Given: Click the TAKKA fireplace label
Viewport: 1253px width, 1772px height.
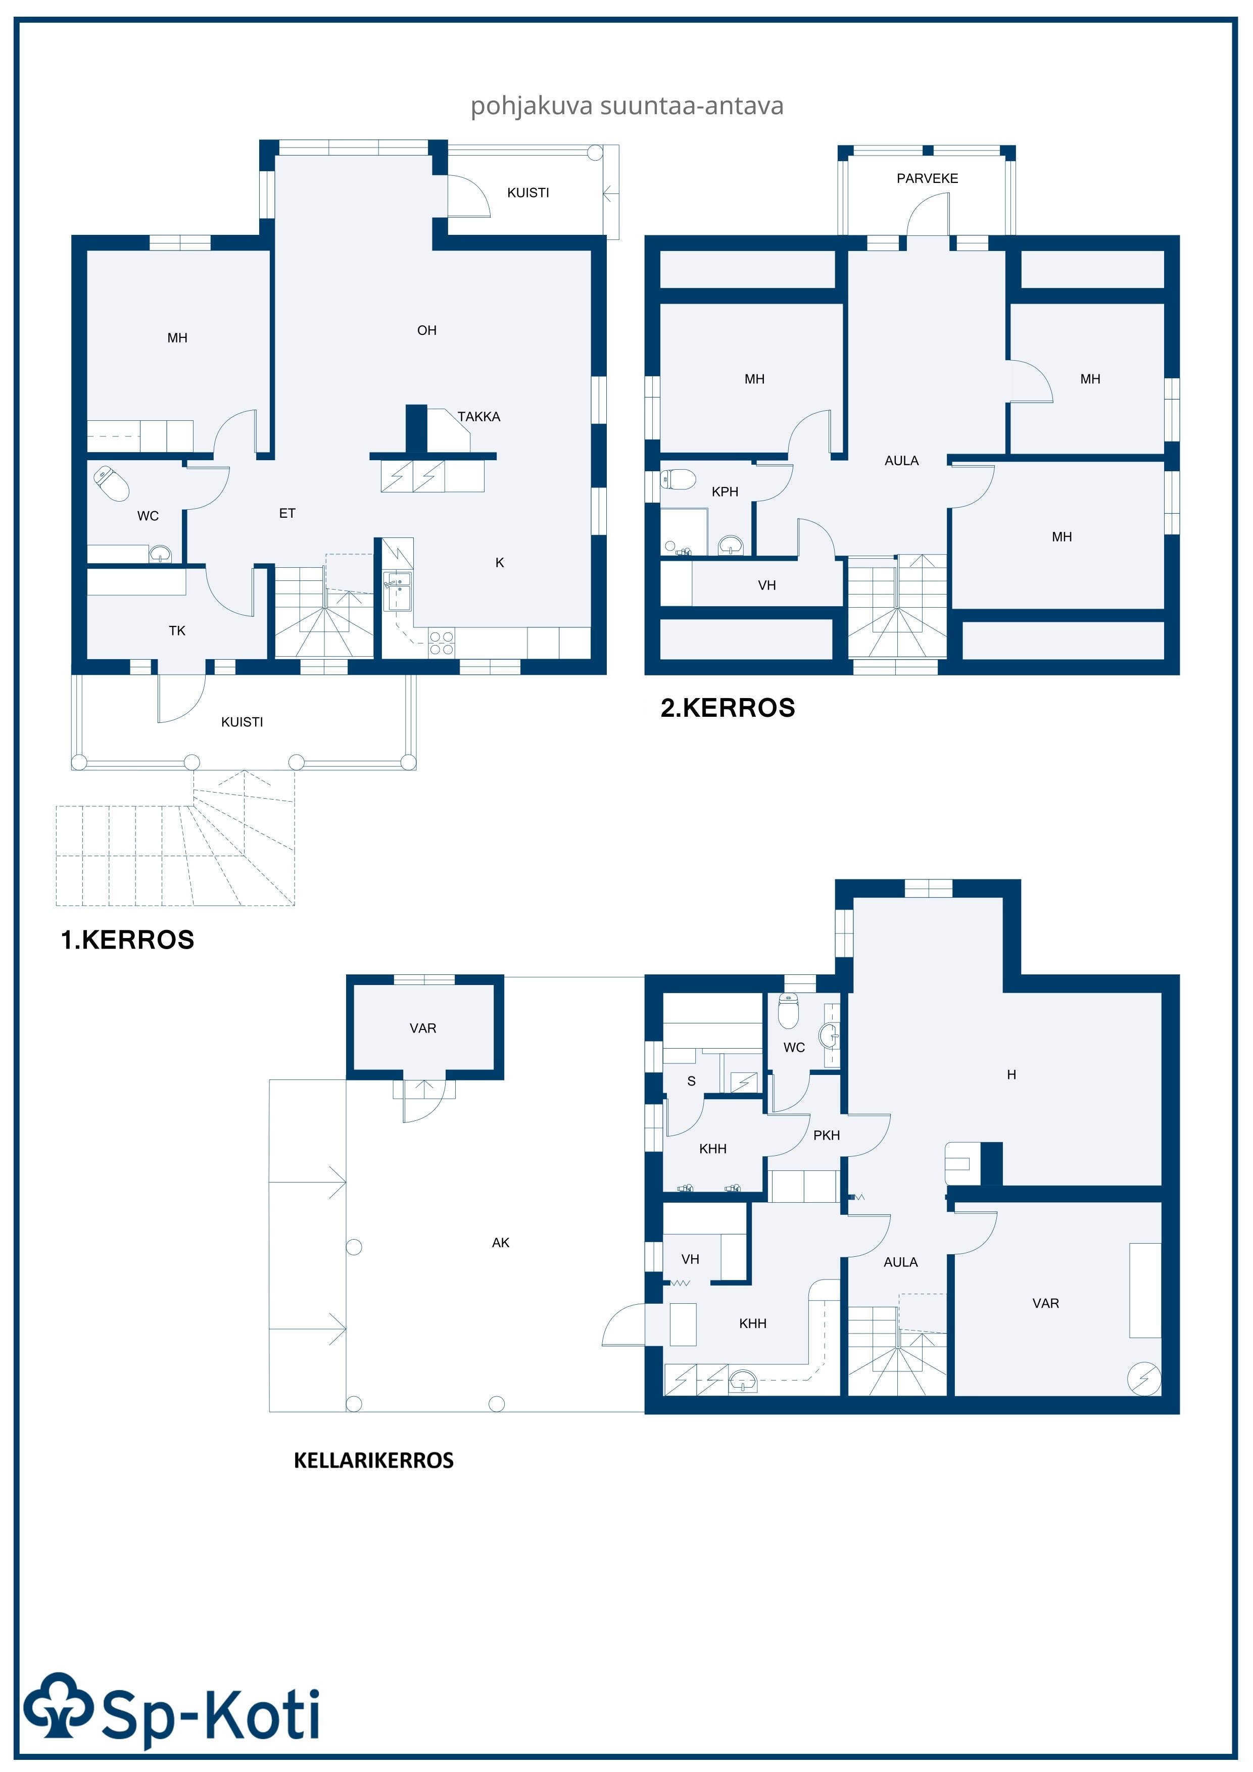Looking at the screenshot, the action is (x=478, y=417).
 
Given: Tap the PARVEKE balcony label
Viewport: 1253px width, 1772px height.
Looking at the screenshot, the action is (x=927, y=178).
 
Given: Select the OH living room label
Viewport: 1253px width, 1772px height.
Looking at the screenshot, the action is (x=427, y=330).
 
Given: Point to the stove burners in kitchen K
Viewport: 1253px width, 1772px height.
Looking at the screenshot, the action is (x=442, y=643).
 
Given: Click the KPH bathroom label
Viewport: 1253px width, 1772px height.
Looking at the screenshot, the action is (x=725, y=491).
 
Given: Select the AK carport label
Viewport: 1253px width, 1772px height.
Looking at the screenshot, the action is (x=500, y=1243).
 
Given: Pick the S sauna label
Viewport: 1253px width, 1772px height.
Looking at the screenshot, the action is (x=691, y=1081).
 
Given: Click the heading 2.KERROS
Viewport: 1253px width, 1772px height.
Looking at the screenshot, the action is (x=727, y=708).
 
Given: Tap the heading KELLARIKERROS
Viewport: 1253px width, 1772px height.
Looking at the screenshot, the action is (x=374, y=1460).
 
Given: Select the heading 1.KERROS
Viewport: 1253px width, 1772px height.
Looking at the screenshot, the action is (x=127, y=940).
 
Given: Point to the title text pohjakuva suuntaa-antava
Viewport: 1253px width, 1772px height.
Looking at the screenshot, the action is (x=627, y=106).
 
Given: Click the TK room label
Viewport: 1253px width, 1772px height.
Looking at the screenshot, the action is (x=177, y=630).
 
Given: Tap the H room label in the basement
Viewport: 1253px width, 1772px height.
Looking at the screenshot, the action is (x=1011, y=1074).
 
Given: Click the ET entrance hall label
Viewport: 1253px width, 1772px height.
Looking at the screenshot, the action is (x=287, y=513).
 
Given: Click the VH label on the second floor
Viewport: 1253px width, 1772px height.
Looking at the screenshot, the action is (x=766, y=586).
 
